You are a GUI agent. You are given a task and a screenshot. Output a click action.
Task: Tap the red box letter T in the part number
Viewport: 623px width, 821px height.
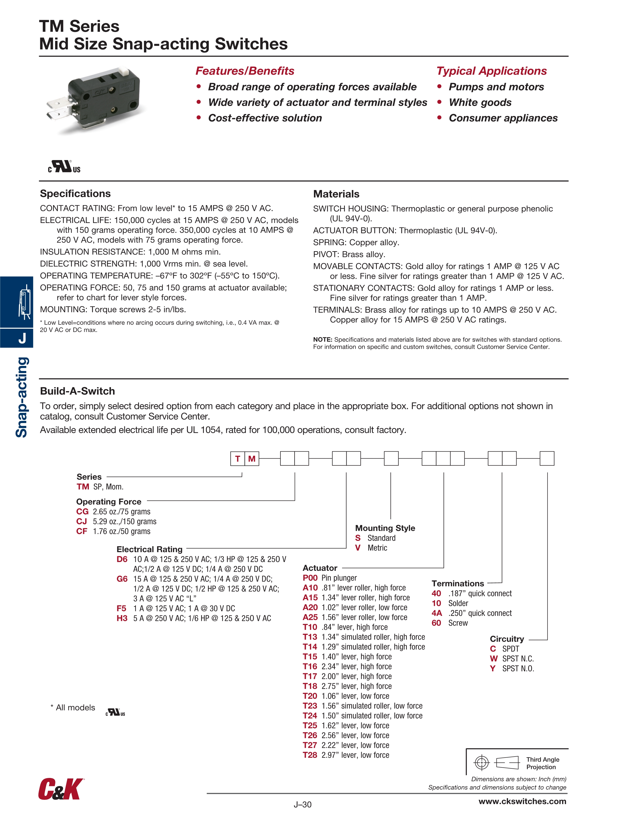tap(238, 459)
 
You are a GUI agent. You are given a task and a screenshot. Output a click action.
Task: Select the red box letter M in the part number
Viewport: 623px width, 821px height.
tap(252, 459)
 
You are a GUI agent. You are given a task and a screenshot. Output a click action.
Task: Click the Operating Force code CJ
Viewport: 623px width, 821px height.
tap(82, 521)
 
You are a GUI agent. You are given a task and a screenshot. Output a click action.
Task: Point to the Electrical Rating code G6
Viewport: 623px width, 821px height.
tap(122, 579)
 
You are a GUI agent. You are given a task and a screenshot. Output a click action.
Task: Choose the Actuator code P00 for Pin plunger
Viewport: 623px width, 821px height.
tap(310, 578)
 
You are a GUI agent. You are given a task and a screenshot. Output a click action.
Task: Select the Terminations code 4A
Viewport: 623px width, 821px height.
tap(437, 613)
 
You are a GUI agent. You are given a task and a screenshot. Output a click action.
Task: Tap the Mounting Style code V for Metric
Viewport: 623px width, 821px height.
tap(358, 548)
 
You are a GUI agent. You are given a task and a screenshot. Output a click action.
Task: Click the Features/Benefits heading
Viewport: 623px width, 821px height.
tap(245, 71)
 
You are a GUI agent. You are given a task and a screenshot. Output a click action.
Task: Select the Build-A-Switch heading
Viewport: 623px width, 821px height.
tap(77, 391)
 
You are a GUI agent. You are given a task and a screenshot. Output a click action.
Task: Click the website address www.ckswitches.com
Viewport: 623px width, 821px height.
tap(522, 801)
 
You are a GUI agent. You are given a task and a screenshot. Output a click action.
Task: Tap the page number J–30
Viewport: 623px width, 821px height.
tap(303, 805)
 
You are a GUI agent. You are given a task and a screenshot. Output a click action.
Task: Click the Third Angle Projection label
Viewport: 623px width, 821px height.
tap(542, 763)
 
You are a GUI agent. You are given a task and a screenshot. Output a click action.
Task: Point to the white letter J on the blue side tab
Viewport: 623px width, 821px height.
tap(22, 338)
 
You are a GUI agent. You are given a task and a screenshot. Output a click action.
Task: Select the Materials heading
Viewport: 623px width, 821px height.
tap(336, 194)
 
